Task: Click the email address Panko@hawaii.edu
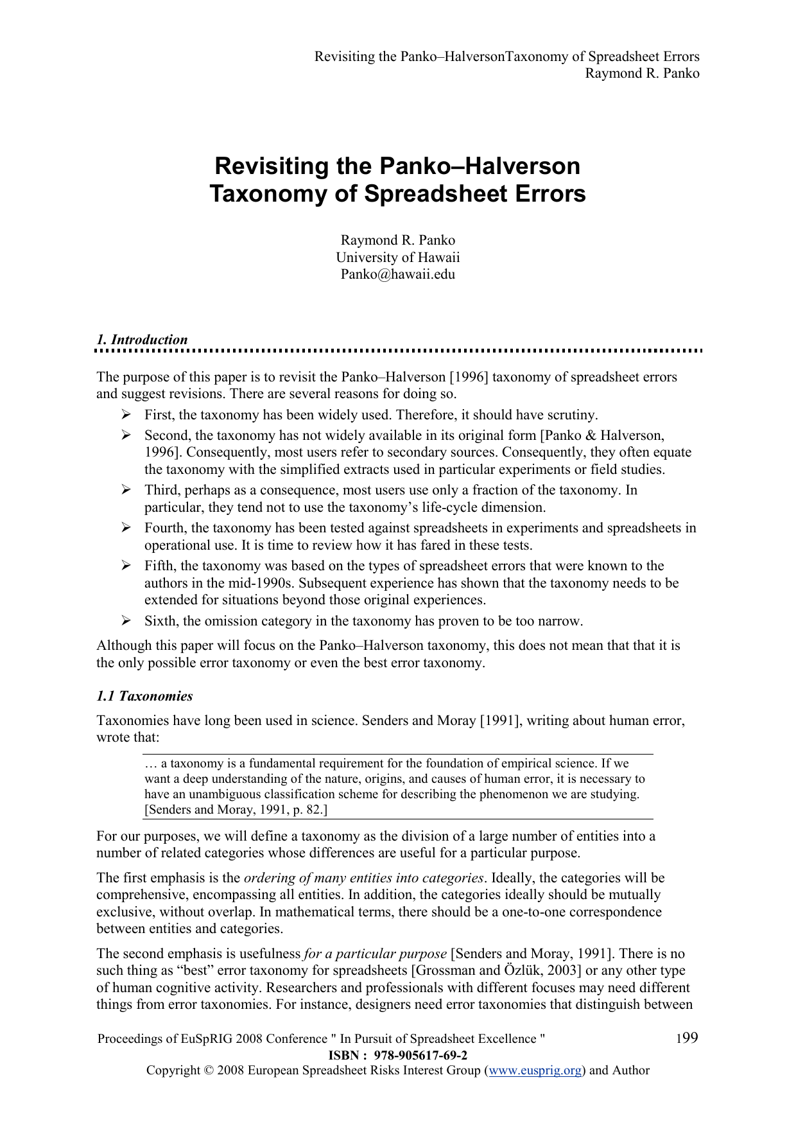(397, 274)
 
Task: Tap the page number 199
(687, 1038)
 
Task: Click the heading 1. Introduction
(143, 340)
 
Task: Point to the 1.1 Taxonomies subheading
(144, 696)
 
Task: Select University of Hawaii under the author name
(397, 258)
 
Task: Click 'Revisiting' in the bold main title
(270, 166)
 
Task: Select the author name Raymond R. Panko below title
(397, 240)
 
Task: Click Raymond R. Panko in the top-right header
(642, 73)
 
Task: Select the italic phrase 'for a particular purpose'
(375, 954)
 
